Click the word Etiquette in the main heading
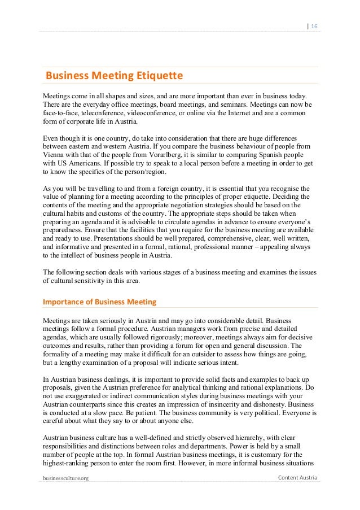159,75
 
